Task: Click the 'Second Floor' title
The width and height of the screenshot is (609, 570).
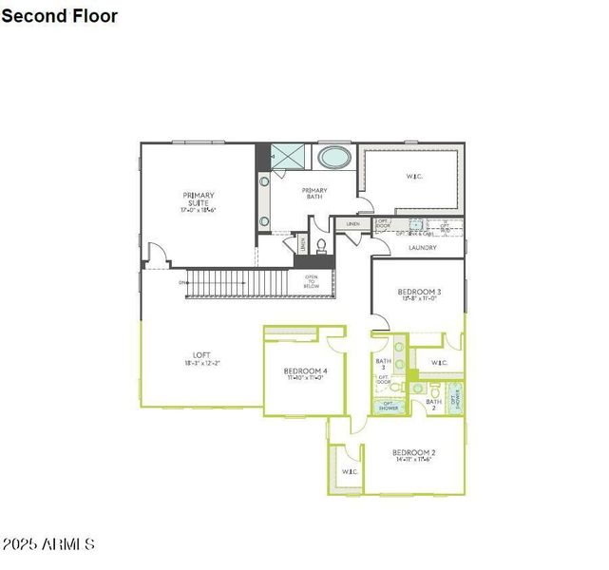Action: click(60, 16)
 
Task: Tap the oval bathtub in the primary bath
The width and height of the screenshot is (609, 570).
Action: click(333, 157)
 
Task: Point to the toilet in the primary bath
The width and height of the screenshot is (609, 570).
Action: click(321, 245)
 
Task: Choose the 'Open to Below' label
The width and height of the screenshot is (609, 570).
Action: click(312, 281)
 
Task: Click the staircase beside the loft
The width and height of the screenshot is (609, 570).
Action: click(237, 283)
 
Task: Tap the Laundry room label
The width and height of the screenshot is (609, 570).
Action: click(422, 248)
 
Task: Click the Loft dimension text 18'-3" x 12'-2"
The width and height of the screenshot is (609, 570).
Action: click(200, 363)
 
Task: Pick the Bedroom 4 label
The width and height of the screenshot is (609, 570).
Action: click(305, 371)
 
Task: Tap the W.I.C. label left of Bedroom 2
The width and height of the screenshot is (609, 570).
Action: click(349, 471)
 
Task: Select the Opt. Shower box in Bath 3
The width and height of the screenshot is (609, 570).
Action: click(390, 406)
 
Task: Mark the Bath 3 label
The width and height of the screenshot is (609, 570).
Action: click(383, 364)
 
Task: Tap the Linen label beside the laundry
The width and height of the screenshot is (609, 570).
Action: click(352, 224)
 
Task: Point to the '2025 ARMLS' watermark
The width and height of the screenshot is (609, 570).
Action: click(48, 544)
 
